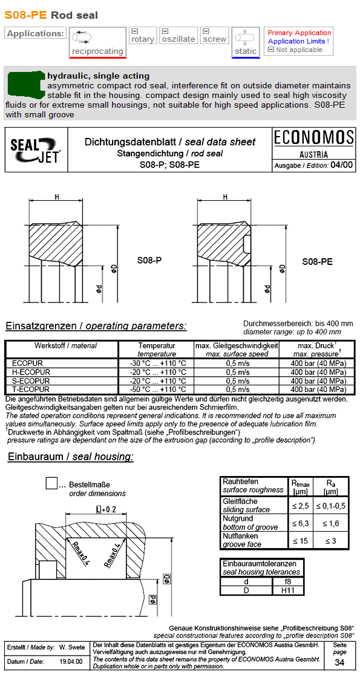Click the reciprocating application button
tap(97, 42)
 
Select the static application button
tap(246, 42)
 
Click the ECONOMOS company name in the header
tap(313, 137)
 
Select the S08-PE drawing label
tap(317, 262)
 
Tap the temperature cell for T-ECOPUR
tap(156, 390)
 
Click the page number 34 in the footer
tap(339, 662)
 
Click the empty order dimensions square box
tap(52, 483)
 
